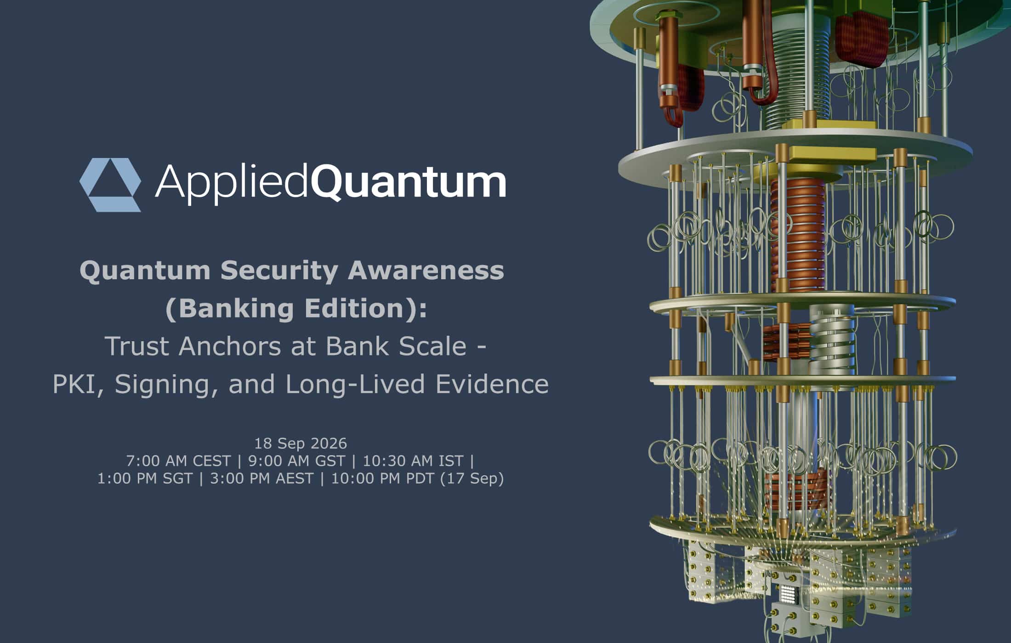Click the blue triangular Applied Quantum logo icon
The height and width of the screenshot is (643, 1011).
tap(110, 185)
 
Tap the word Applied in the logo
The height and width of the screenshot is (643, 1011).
tap(231, 183)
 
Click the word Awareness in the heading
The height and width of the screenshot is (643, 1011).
tap(426, 271)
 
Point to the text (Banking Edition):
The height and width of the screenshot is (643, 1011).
tap(296, 308)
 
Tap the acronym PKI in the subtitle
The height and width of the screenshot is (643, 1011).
tap(75, 384)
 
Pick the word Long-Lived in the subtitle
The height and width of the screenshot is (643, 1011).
tap(355, 384)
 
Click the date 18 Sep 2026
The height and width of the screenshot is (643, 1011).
tap(301, 443)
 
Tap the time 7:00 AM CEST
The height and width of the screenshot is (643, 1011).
tap(178, 461)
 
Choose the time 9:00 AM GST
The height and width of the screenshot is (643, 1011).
tap(296, 461)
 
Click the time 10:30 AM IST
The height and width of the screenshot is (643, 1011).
tap(413, 461)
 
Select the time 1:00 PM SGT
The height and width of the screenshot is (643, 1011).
tap(145, 479)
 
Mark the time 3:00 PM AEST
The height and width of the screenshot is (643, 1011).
tap(261, 479)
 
